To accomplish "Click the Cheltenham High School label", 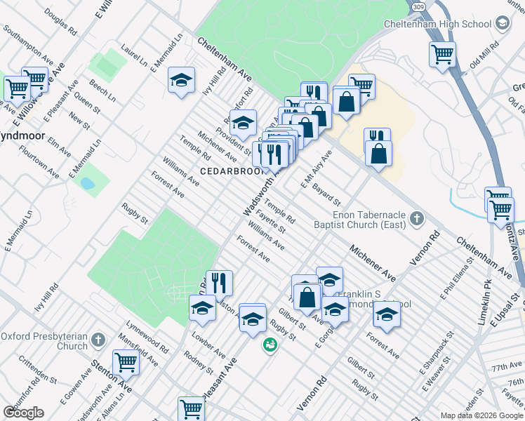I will (437, 24).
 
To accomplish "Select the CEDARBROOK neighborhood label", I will (226, 171).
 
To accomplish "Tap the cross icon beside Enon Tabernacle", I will (416, 218).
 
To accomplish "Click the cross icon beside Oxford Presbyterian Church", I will (99, 340).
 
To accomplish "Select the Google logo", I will (24, 412).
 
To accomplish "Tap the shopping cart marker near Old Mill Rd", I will (442, 53).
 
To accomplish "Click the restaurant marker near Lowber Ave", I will (219, 283).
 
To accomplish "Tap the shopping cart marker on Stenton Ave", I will (126, 362).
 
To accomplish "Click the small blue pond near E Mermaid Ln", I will (88, 185).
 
